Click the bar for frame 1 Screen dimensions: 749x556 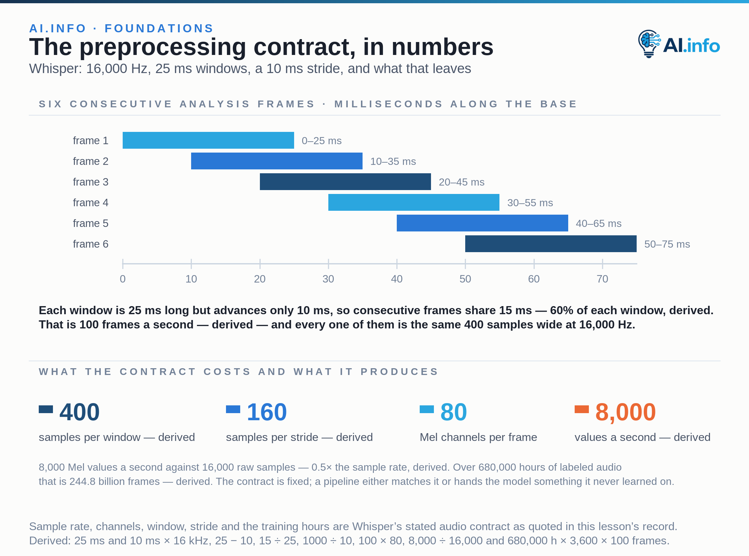coord(208,140)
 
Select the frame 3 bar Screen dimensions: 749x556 coord(345,182)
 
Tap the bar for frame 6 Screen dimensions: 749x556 coord(551,244)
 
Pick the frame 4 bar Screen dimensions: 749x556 coord(414,202)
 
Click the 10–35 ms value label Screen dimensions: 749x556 coord(393,161)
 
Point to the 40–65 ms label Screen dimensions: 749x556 coord(599,223)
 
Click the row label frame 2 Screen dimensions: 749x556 coord(90,161)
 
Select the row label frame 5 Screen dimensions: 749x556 coord(90,223)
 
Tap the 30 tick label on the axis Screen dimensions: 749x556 coord(328,279)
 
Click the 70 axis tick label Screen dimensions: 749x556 coord(602,279)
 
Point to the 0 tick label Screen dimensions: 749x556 coord(123,279)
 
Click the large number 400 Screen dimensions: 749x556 coord(79,412)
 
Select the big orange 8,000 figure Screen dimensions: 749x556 coord(625,412)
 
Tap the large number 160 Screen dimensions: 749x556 coord(267,412)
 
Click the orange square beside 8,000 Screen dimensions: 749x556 coord(581,409)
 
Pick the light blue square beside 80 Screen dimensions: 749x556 coord(426,409)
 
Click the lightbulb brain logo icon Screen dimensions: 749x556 coord(649,44)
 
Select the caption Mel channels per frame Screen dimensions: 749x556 coord(478,437)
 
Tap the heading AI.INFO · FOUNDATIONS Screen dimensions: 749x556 coord(121,28)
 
